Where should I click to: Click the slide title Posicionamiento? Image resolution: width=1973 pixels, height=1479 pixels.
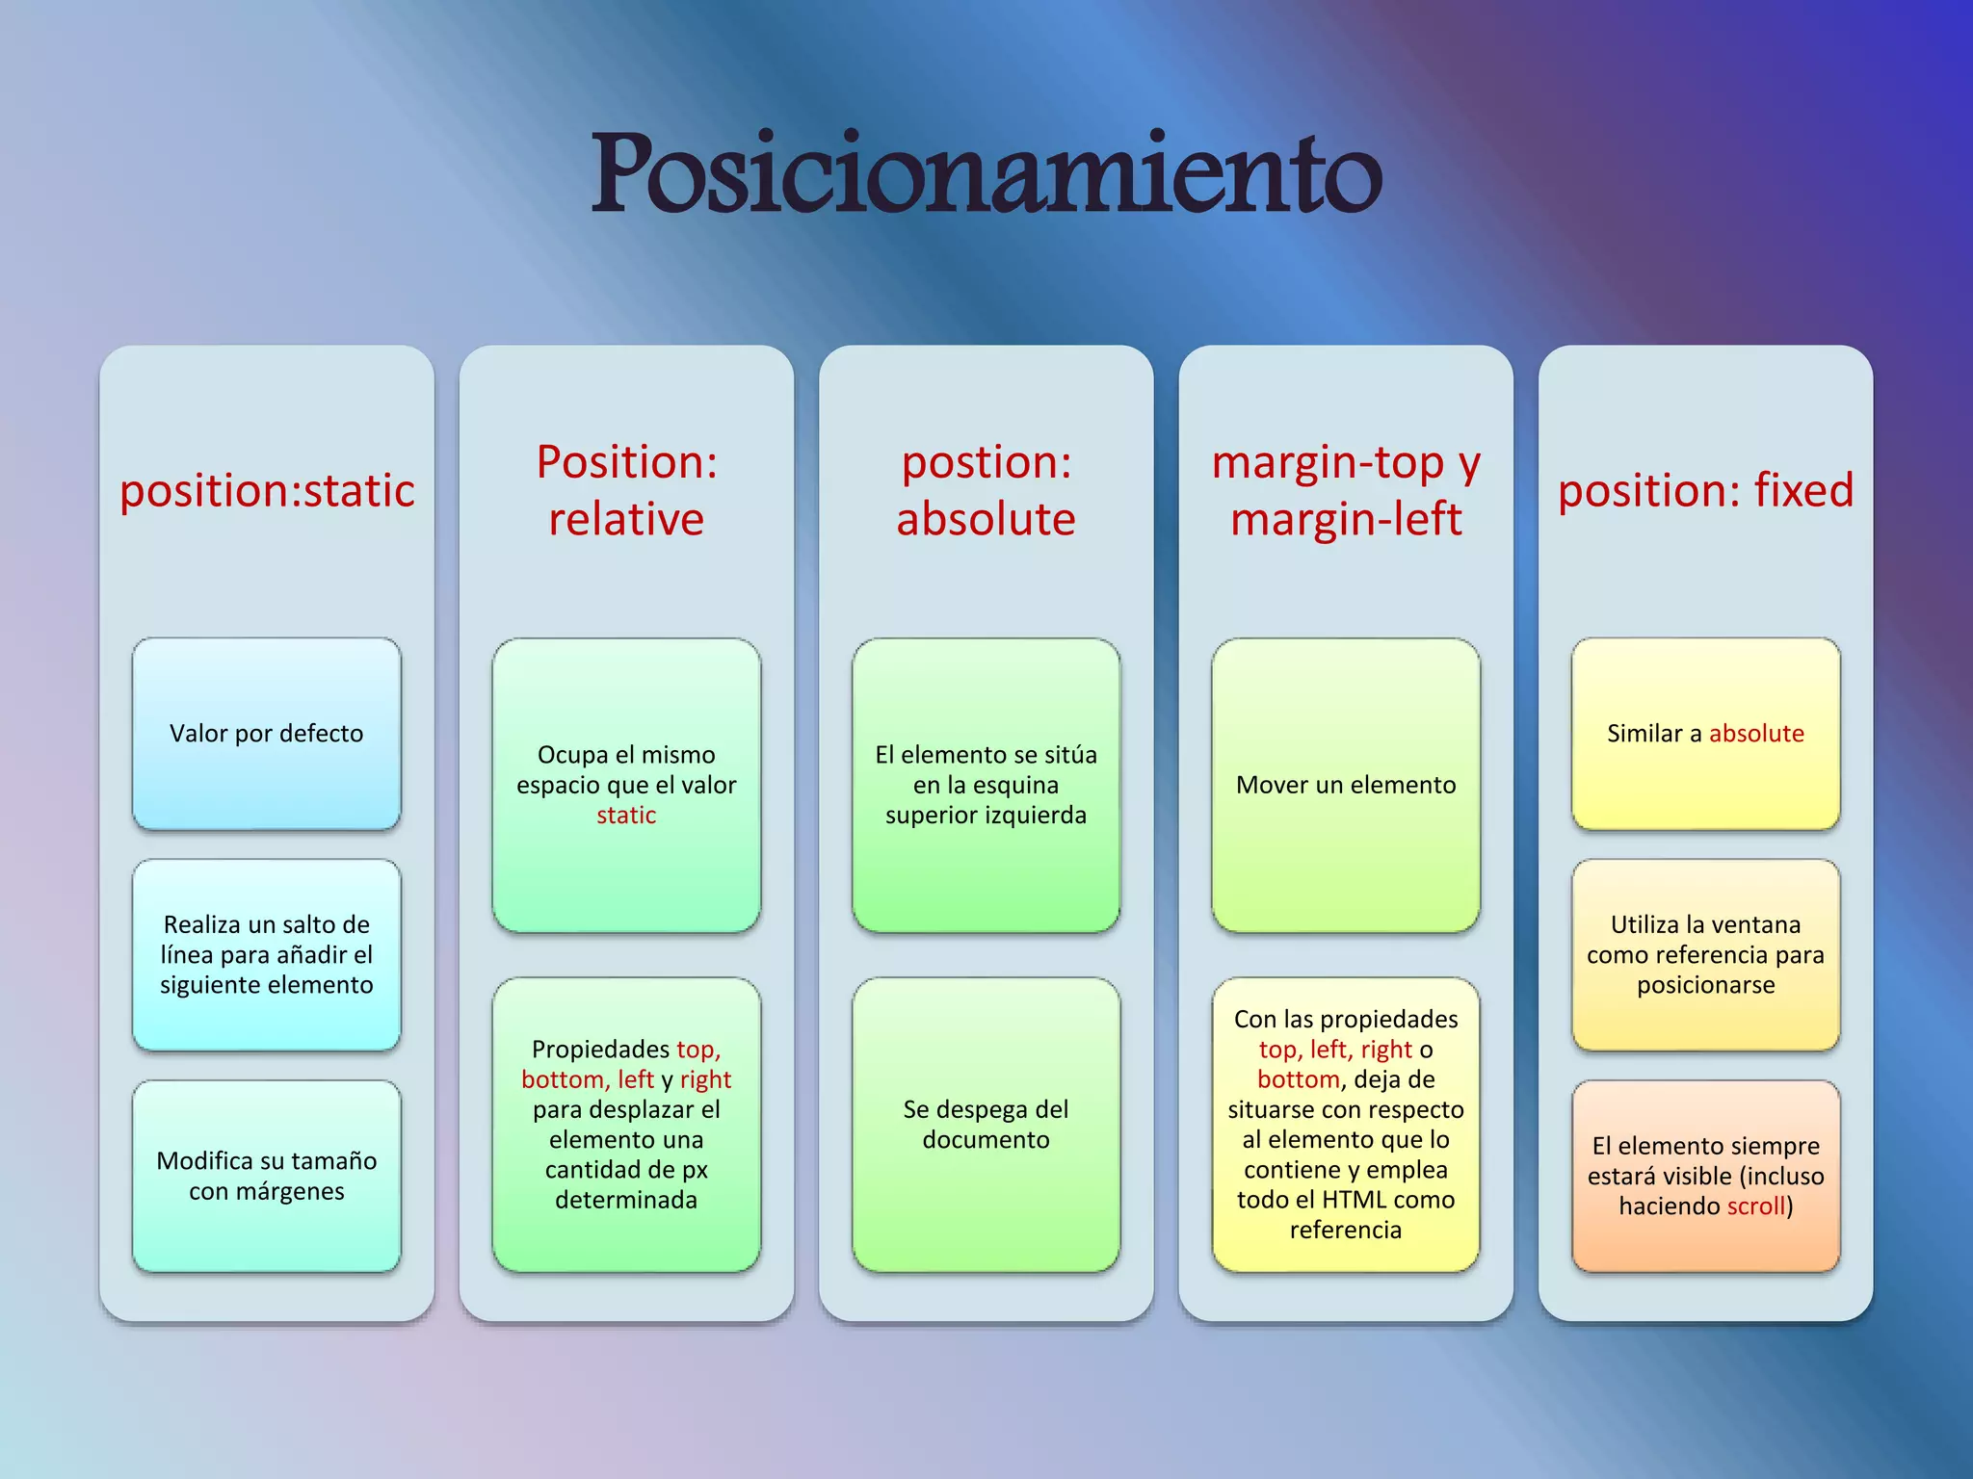click(986, 173)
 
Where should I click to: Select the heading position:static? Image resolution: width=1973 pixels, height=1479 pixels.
click(267, 490)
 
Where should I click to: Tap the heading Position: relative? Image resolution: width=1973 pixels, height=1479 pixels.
click(626, 490)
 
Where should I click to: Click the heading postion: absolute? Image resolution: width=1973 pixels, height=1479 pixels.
click(986, 490)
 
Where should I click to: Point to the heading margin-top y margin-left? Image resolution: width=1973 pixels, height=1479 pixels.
click(1346, 490)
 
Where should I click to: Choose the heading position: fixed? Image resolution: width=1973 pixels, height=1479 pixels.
click(1705, 490)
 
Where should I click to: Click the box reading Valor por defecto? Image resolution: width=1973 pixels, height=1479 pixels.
click(267, 733)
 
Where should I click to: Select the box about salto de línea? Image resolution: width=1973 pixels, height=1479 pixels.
click(267, 954)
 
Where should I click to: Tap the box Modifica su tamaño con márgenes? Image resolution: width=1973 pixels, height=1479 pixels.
click(267, 1176)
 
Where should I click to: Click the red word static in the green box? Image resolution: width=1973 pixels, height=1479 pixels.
click(626, 816)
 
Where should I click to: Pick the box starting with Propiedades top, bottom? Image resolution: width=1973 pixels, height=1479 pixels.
click(626, 1124)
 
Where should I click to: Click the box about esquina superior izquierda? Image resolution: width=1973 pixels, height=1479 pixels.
click(986, 785)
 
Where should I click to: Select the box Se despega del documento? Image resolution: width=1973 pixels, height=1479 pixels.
click(986, 1124)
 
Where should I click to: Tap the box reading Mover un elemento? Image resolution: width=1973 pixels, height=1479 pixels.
click(1346, 785)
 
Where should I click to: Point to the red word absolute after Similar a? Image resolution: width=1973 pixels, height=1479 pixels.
click(1756, 734)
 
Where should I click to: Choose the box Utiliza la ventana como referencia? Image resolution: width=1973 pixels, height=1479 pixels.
click(1705, 954)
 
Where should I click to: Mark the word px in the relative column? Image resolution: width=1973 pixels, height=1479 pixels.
click(695, 1170)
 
